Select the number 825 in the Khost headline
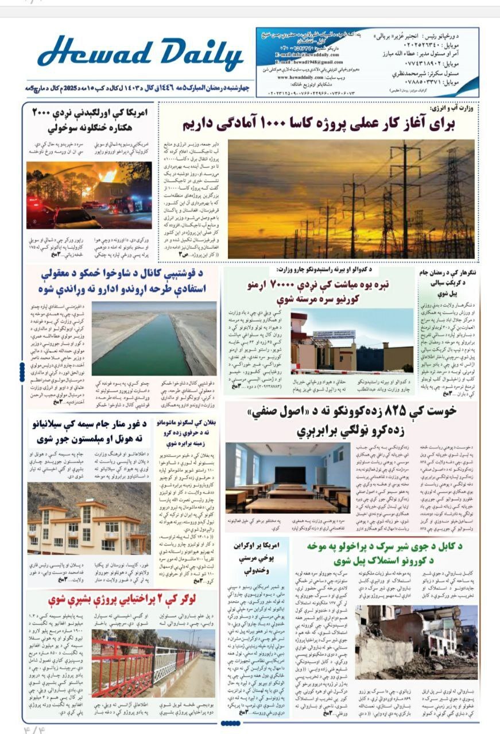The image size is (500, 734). (x=368, y=411)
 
